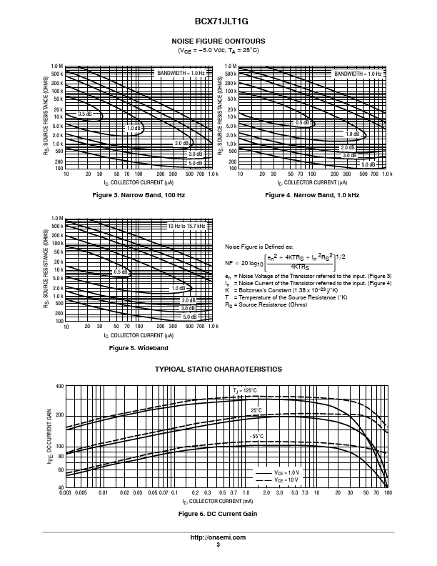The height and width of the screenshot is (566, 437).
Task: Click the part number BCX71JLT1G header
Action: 218,22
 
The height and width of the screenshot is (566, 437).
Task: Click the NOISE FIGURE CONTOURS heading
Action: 218,41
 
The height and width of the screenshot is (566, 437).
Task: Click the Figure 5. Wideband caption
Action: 139,347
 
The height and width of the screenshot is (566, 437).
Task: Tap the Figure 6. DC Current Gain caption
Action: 218,514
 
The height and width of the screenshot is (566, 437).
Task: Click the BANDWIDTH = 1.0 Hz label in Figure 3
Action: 181,73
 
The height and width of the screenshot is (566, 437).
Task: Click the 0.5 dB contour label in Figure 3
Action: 85,114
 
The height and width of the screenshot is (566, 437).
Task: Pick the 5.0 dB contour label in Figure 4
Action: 368,164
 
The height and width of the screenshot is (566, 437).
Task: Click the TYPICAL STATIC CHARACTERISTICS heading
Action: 218,369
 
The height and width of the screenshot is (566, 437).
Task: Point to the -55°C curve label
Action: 256,435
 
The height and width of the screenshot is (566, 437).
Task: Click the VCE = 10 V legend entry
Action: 288,480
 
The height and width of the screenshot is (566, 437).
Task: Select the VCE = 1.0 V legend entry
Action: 288,473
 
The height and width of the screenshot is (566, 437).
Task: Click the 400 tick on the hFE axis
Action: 60,386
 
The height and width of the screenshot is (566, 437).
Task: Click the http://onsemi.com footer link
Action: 218,537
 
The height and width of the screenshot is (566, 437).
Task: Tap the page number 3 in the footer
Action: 218,545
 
